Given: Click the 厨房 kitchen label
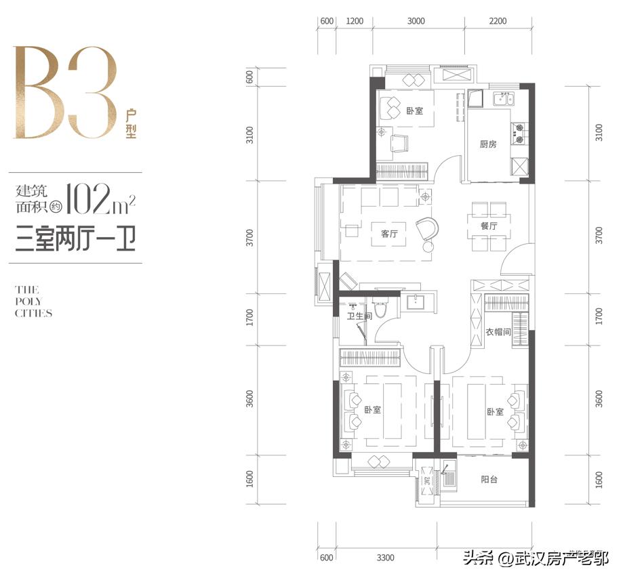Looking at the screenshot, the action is pyautogui.click(x=488, y=144).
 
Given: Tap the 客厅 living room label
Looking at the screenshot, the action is pyautogui.click(x=389, y=234).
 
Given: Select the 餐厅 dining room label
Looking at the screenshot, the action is pyautogui.click(x=488, y=226).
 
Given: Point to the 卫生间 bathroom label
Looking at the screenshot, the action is pyautogui.click(x=359, y=316).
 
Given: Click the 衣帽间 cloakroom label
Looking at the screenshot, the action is pyautogui.click(x=498, y=331).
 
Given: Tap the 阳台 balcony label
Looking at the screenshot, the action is pyautogui.click(x=489, y=479).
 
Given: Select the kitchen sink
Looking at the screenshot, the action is pyautogui.click(x=504, y=98).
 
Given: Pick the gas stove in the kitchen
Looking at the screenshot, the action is pyautogui.click(x=518, y=133).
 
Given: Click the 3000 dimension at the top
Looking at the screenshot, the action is pyautogui.click(x=416, y=20).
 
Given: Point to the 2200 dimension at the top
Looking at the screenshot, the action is pyautogui.click(x=498, y=20).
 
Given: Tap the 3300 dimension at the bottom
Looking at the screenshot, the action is pyautogui.click(x=386, y=558).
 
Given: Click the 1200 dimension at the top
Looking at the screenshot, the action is pyautogui.click(x=355, y=20).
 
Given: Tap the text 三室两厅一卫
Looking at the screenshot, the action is pyautogui.click(x=75, y=239).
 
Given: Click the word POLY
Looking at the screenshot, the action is pyautogui.click(x=28, y=302).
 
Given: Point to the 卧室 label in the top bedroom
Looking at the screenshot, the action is pyautogui.click(x=414, y=110).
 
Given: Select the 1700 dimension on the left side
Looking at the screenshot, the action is pyautogui.click(x=249, y=318).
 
